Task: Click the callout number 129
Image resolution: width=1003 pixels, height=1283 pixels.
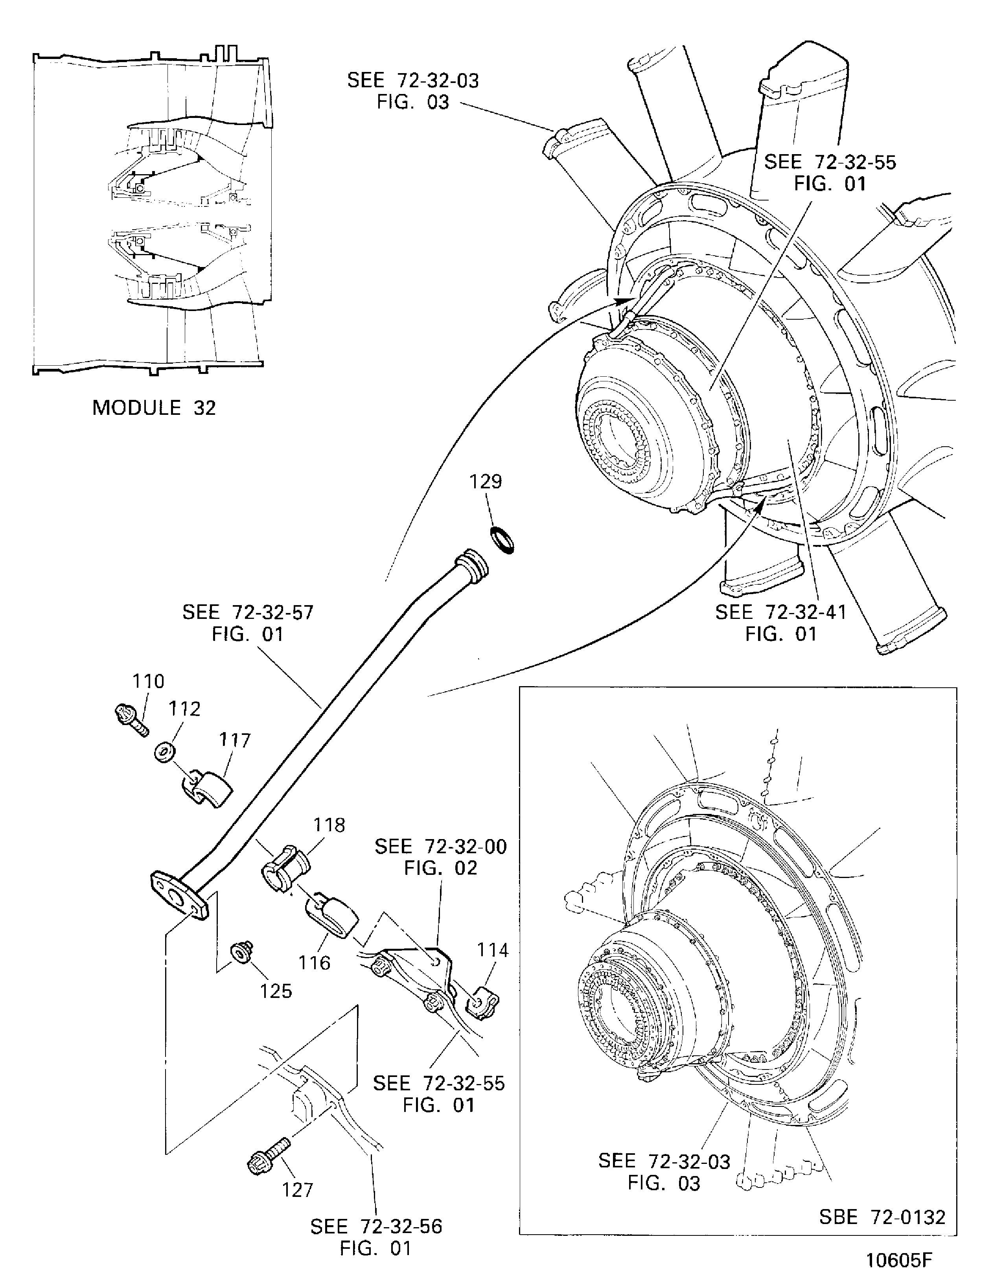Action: pos(485,482)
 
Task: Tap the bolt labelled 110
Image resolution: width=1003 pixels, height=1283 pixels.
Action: pos(131,720)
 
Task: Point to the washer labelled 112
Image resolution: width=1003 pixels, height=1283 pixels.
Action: pos(164,753)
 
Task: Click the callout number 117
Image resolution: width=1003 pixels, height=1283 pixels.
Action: pos(235,740)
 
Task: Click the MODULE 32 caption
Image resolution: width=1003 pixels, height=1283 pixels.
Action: pos(155,408)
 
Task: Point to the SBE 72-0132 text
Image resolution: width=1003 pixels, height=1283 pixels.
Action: pos(882,1216)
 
